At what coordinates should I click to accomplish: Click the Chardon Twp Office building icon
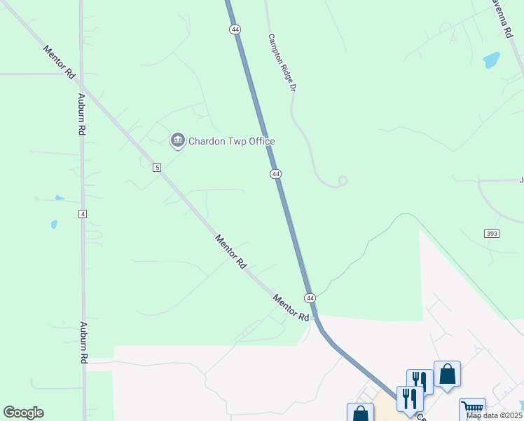tap(177, 141)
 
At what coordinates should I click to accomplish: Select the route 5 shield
tap(157, 167)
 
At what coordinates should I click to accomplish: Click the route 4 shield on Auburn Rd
tap(83, 213)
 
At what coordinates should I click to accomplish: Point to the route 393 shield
tap(491, 233)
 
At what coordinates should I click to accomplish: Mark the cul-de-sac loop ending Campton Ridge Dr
tap(343, 181)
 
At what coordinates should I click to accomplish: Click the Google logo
tap(23, 413)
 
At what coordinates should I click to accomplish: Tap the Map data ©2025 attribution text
tap(495, 415)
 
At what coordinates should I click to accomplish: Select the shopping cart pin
tap(472, 408)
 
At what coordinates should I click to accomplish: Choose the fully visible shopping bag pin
tap(447, 373)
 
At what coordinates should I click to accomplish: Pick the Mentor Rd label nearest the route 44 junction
tap(291, 307)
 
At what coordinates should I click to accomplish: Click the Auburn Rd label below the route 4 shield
tap(83, 342)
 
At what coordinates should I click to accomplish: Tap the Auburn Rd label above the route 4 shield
tap(82, 114)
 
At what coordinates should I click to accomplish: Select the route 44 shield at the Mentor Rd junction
tap(310, 298)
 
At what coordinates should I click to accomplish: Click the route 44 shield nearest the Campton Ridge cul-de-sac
tap(276, 173)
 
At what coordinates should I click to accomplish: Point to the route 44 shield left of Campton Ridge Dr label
tap(235, 29)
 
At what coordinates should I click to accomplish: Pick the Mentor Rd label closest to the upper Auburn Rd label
tap(59, 62)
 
